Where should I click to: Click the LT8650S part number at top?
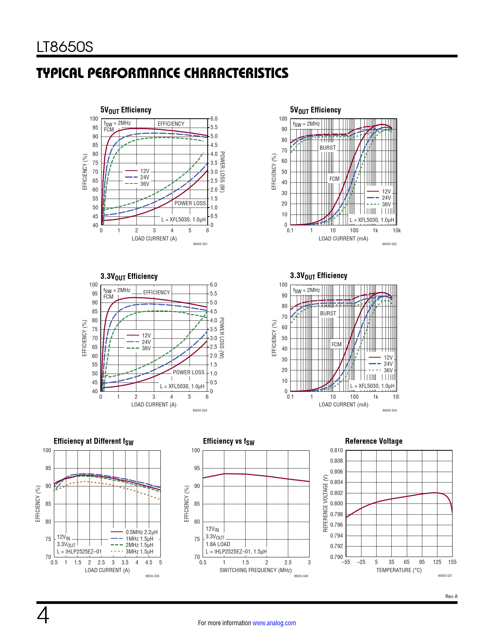pos(65,47)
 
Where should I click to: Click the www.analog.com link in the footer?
pos(274,623)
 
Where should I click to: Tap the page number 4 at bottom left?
pos(43,616)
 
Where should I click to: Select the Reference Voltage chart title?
pos(374,441)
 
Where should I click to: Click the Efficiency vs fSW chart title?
pos(229,441)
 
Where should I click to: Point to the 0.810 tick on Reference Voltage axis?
pos(336,450)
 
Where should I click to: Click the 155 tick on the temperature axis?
pos(452,562)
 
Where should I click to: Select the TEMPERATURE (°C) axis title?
pos(399,570)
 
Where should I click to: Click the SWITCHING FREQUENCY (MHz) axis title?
pos(255,570)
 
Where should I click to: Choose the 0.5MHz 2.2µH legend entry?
pos(141,532)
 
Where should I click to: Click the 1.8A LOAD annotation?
pos(218,544)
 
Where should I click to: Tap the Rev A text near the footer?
pos(451,597)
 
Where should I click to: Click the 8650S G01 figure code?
pos(200,244)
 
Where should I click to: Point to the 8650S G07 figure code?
pos(445,576)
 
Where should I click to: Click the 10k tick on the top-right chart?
pos(396,230)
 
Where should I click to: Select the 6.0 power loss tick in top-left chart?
pos(214,119)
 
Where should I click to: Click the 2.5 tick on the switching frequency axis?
pos(288,562)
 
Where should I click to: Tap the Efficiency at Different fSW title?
pos(93,441)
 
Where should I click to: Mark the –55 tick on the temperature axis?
pos(346,562)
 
